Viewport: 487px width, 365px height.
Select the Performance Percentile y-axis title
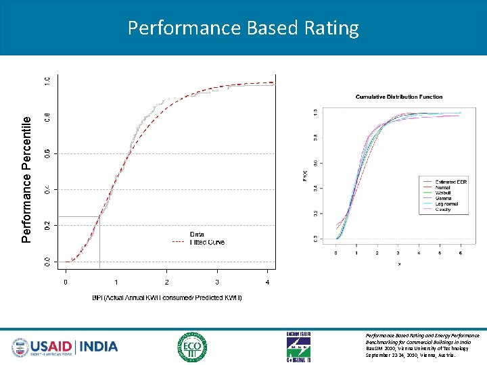coord(26,179)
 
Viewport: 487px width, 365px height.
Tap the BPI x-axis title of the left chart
coord(167,297)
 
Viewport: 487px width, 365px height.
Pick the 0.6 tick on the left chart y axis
coord(47,153)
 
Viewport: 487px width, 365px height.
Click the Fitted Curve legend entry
coord(207,242)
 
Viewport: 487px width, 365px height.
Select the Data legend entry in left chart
coord(197,235)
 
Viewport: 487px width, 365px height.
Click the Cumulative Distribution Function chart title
coord(399,97)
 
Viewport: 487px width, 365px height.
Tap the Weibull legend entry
coord(444,193)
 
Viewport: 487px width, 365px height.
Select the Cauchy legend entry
coord(443,210)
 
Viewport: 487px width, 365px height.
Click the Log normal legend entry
coord(446,203)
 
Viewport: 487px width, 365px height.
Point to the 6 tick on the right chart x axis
coord(461,253)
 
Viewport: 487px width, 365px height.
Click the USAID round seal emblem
coord(21,347)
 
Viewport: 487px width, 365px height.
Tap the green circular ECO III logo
coord(193,347)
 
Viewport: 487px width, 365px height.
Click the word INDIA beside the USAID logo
coord(99,347)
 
